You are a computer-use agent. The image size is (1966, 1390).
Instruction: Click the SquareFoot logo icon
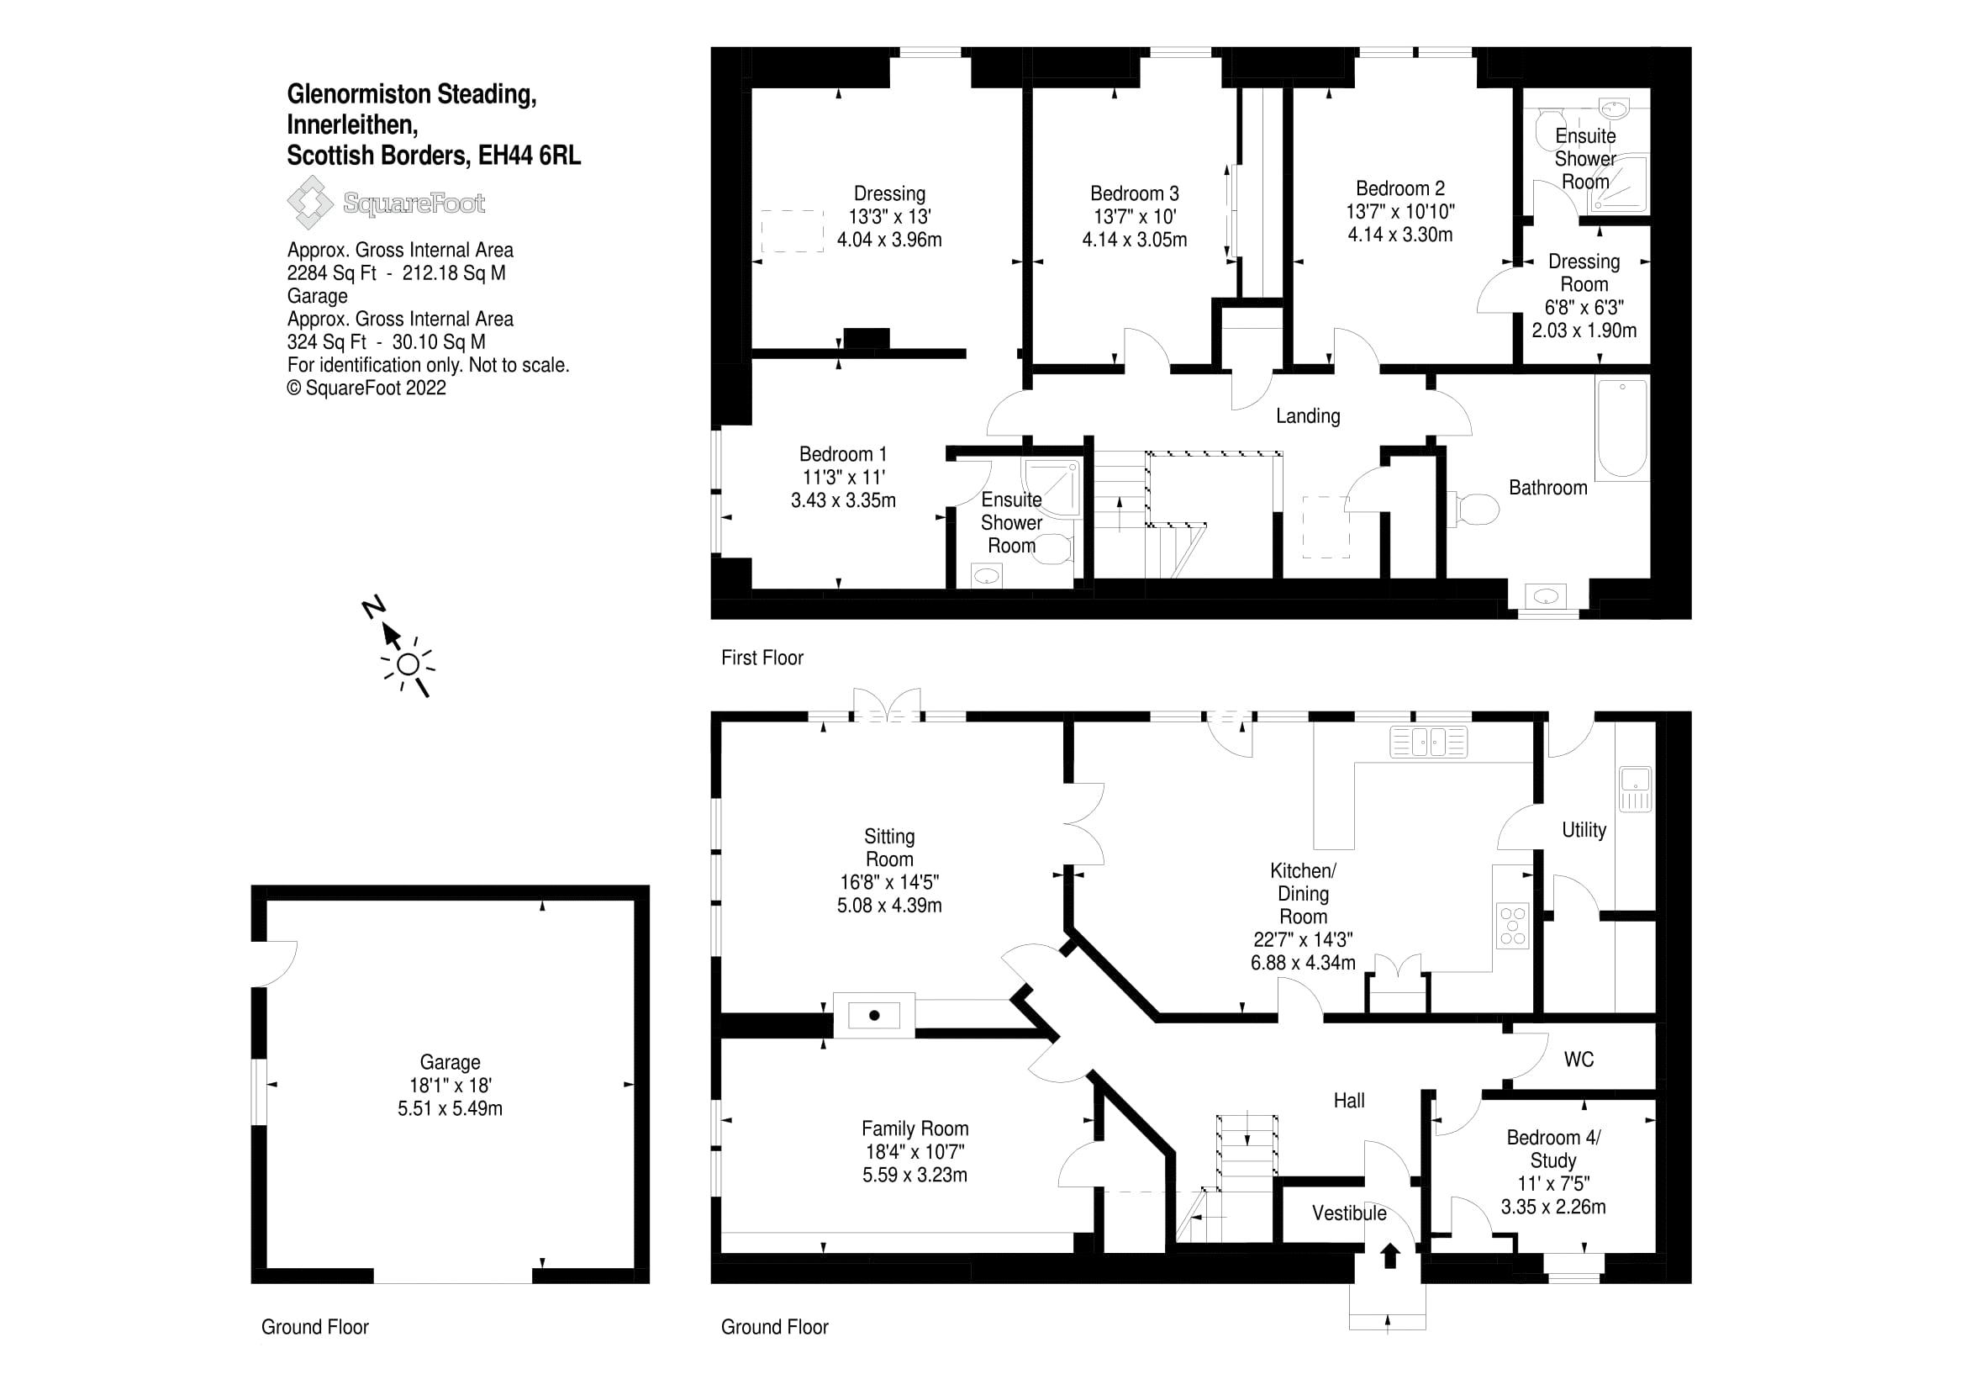[x=309, y=202]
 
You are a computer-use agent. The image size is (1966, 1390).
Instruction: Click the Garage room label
[x=450, y=1063]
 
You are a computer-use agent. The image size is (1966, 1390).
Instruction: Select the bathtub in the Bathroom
[x=1621, y=428]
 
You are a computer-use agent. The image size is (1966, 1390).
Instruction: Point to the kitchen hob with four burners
[x=1513, y=926]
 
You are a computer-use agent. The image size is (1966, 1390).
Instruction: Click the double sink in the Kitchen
[x=1428, y=742]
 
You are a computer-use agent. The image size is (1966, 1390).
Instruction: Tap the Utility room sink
[x=1635, y=789]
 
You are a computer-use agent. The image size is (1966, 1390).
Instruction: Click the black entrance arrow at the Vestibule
[x=1390, y=1255]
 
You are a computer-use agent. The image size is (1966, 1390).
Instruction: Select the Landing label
[x=1308, y=416]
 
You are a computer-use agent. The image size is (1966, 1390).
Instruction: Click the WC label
[x=1579, y=1060]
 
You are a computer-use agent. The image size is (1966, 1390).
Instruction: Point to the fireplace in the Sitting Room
[x=874, y=1016]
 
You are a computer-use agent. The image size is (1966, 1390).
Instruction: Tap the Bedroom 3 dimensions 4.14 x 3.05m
[x=1134, y=240]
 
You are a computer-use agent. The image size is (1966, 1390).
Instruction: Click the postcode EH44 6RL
[x=530, y=156]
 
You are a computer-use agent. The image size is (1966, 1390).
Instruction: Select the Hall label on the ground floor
[x=1348, y=1101]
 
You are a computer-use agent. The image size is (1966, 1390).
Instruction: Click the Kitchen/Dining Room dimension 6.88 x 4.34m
[x=1302, y=963]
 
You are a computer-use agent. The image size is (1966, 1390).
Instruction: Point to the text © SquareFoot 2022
[x=366, y=388]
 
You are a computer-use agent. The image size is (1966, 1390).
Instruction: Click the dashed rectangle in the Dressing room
[x=792, y=230]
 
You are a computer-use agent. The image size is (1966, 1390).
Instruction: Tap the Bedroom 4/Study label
[x=1552, y=1149]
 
